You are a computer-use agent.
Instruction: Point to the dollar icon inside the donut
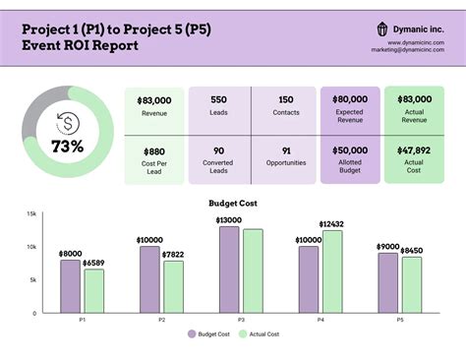pos(68,122)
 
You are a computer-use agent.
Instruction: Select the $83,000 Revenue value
pos(154,100)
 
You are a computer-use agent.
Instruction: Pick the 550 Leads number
pos(218,100)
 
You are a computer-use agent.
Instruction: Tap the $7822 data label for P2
pos(173,254)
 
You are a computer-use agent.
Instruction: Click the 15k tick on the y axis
pos(31,213)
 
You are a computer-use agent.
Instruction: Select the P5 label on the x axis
pos(400,321)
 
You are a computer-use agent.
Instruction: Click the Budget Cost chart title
pos(233,203)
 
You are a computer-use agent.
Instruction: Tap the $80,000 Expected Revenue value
pos(350,100)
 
